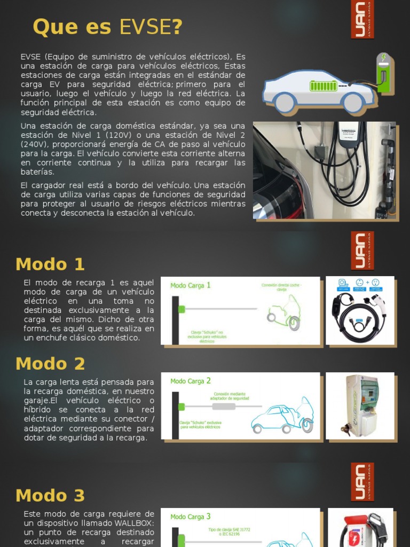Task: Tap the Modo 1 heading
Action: pos(50,264)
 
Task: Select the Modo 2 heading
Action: pos(50,364)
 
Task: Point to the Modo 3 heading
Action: pos(50,495)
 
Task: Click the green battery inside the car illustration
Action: pos(324,86)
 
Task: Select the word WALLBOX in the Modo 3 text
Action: pos(134,523)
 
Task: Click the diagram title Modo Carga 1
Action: pos(191,286)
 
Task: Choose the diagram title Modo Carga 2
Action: pos(191,381)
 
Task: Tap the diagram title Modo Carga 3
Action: pos(191,517)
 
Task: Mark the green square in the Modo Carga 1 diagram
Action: pos(181,309)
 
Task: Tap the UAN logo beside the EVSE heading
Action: pos(362,20)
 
